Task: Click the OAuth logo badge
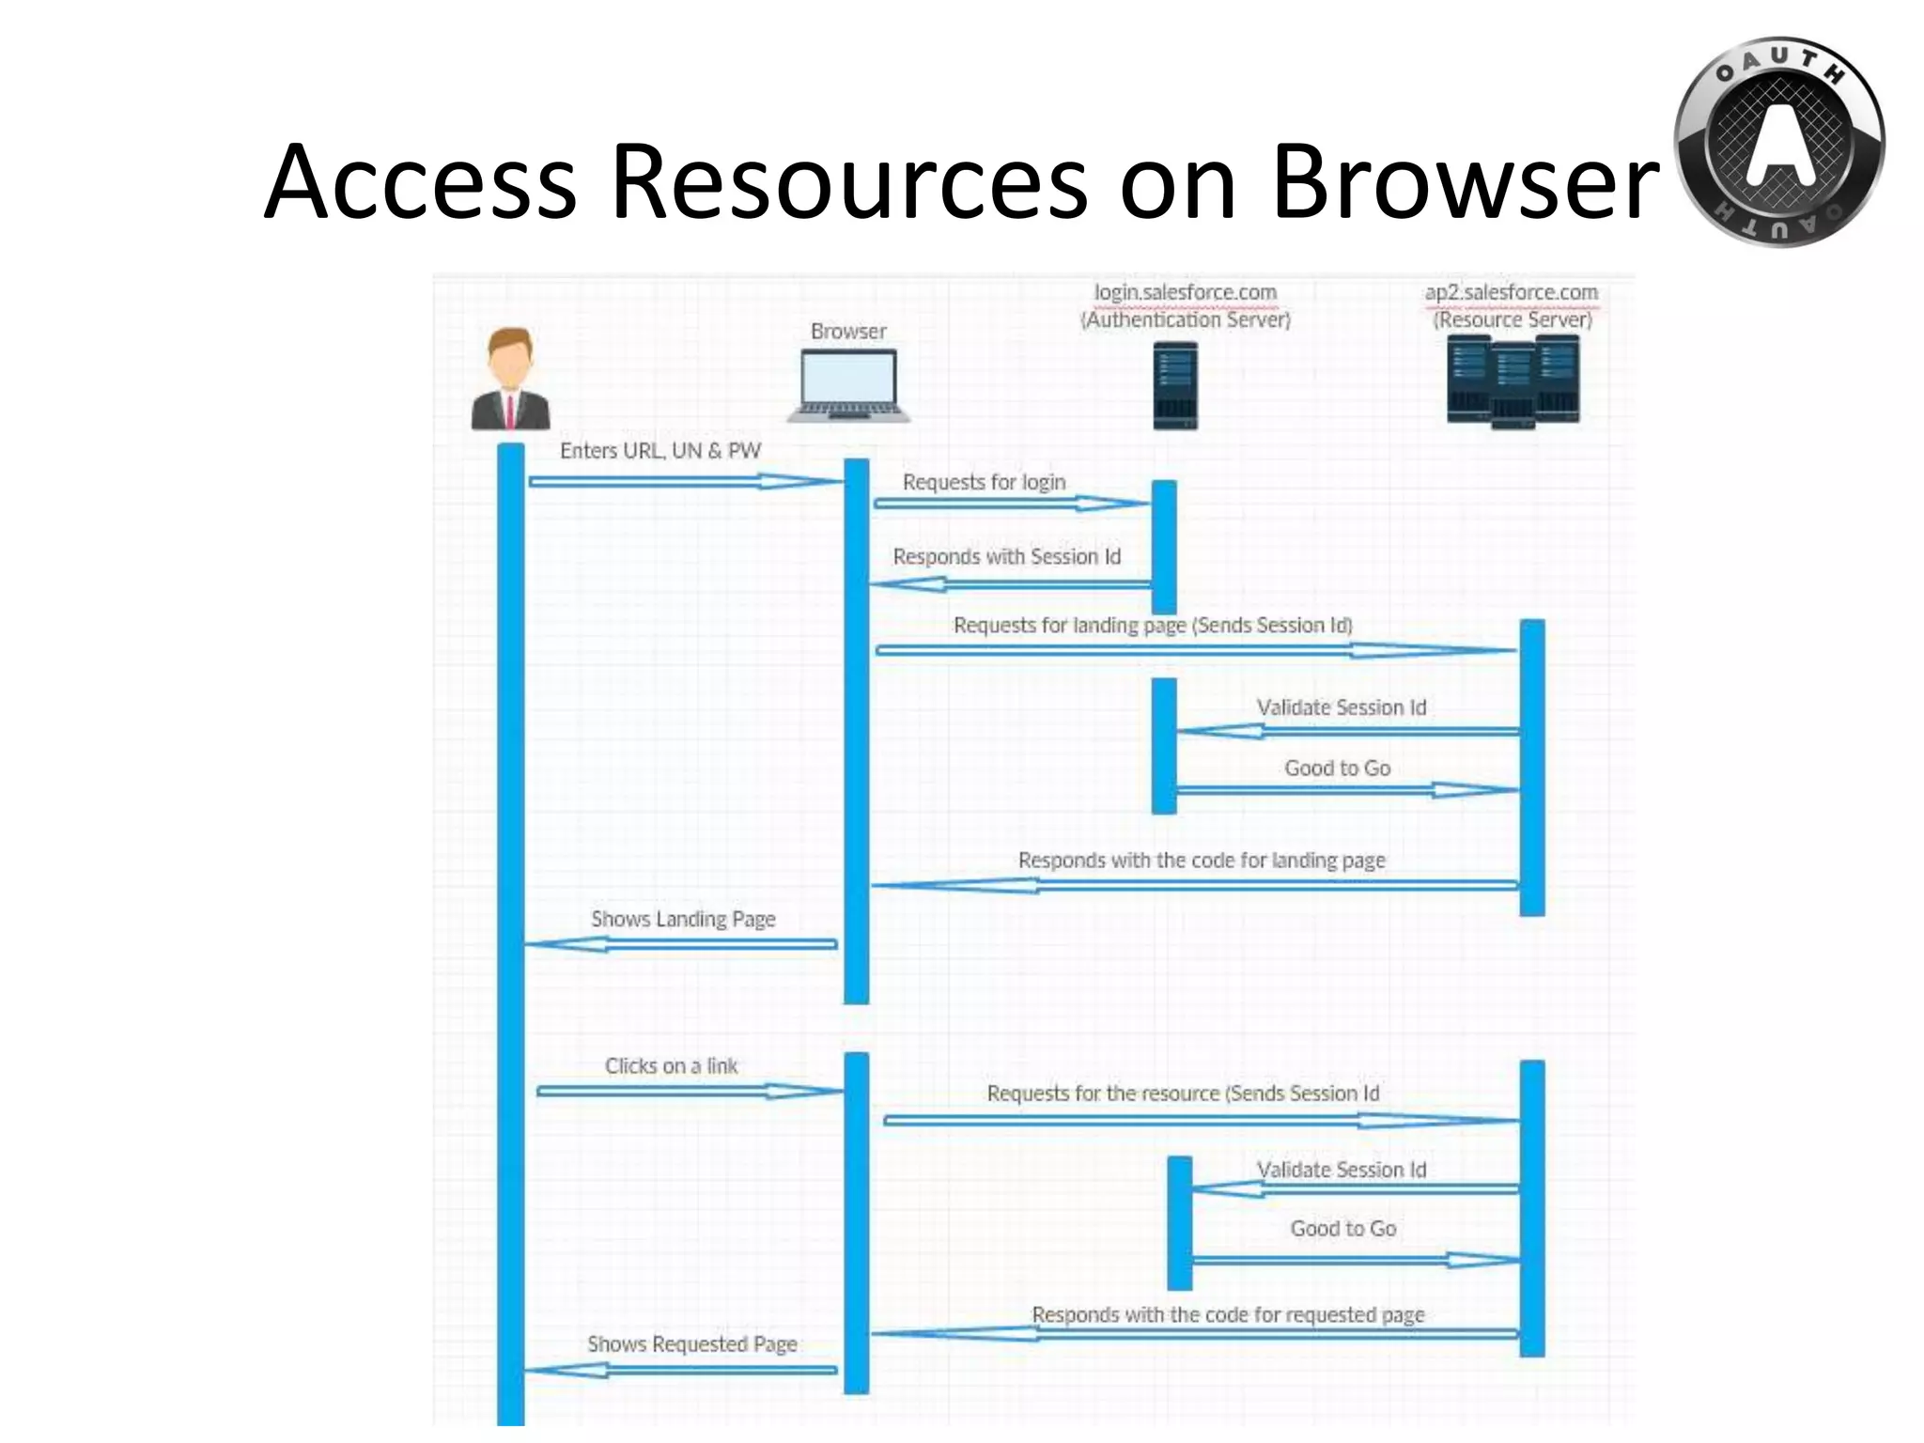pos(1778,142)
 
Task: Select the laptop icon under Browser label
pos(849,386)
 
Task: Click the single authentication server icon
pos(1175,385)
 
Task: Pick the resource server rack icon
pos(1513,381)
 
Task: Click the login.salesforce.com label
pos(1185,293)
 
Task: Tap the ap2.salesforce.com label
pos(1511,293)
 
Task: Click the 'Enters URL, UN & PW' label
pos(659,451)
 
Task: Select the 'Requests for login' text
pos(984,483)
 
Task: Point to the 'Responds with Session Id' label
pos(1006,557)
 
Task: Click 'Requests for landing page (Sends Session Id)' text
pos(1153,626)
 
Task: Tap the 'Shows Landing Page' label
pos(683,920)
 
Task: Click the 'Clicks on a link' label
pos(671,1066)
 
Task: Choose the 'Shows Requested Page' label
pos(691,1344)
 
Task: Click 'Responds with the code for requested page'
pos(1227,1315)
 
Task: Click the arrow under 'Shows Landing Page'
pos(681,944)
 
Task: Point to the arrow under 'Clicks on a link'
pos(689,1092)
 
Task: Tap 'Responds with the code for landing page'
pos(1201,861)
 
